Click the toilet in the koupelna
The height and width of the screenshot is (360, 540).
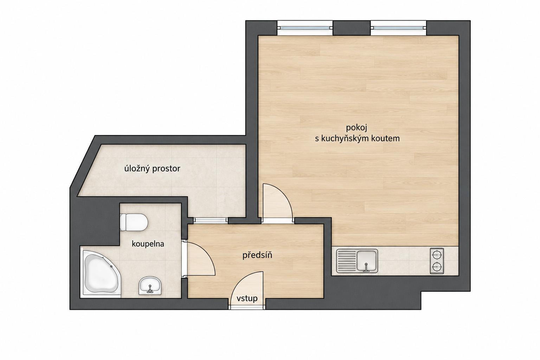[x=134, y=222]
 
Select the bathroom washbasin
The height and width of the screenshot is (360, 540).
[x=150, y=285]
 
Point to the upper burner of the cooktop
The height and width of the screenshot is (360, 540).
[x=437, y=255]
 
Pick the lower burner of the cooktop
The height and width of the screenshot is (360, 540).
[x=437, y=267]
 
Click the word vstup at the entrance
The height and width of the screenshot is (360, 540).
[x=247, y=298]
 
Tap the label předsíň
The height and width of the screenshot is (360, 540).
[x=257, y=255]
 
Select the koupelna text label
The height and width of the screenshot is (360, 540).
[x=148, y=244]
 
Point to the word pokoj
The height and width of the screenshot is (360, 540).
[x=356, y=128]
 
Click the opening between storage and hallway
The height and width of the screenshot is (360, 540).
[x=211, y=220]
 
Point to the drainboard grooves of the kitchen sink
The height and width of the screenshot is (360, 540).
[x=346, y=261]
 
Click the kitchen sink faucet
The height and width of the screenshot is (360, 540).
[x=366, y=268]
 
